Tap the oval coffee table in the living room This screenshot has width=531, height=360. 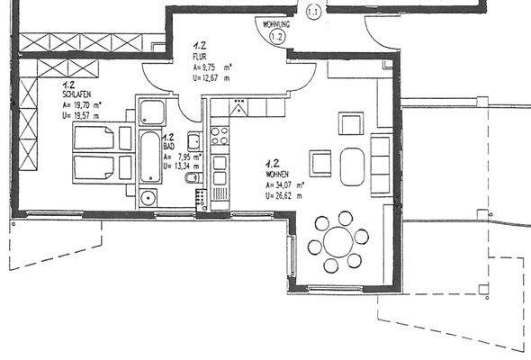coord(354,165)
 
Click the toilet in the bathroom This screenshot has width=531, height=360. coord(188,179)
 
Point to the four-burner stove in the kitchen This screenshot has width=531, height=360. coord(220,136)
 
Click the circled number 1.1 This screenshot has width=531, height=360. coord(314,12)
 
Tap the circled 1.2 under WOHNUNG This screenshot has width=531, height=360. coord(277,37)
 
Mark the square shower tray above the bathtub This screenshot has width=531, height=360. coord(150,112)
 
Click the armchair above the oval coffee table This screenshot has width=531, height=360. coord(350,123)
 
